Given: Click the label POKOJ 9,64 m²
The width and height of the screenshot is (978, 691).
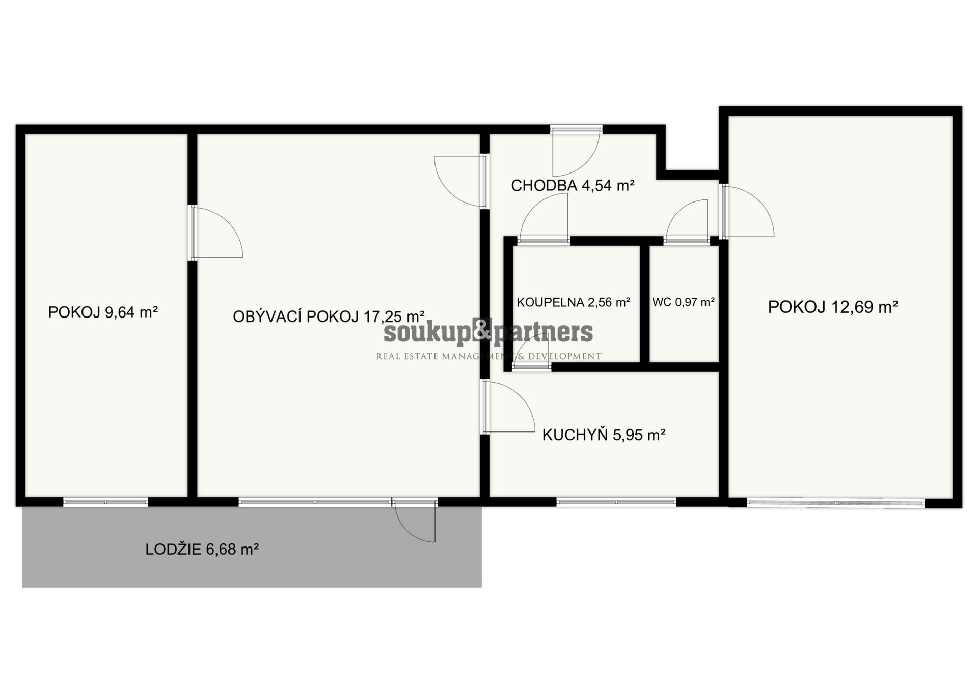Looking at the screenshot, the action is pyautogui.click(x=103, y=312).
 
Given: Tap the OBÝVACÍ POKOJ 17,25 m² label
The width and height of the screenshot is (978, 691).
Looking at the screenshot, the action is pyautogui.click(x=329, y=316).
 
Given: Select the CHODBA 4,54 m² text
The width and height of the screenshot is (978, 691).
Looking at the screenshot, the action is pyautogui.click(x=573, y=185).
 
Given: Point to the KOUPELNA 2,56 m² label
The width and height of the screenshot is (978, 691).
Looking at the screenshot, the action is pyautogui.click(x=574, y=302).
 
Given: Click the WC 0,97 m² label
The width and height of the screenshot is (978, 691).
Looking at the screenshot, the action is pyautogui.click(x=684, y=302).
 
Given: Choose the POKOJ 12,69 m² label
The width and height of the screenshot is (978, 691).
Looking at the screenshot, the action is pyautogui.click(x=833, y=307).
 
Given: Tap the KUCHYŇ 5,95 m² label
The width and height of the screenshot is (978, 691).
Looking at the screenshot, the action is pyautogui.click(x=604, y=435).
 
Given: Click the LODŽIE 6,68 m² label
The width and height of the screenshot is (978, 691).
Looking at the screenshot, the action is pyautogui.click(x=202, y=549).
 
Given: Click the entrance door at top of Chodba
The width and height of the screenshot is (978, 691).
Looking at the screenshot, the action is pyautogui.click(x=576, y=151).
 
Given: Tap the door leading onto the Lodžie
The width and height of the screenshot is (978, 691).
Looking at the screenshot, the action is pyautogui.click(x=415, y=521).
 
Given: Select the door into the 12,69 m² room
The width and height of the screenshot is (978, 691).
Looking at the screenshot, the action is pyautogui.click(x=747, y=211).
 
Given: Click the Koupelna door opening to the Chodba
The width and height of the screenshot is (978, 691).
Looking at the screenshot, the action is pyautogui.click(x=544, y=219).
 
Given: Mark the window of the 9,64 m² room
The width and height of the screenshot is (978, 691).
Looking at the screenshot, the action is pyautogui.click(x=105, y=502).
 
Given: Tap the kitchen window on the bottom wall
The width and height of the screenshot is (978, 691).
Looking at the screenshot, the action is pyautogui.click(x=616, y=502).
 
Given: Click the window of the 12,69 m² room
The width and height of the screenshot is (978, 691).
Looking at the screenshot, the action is pyautogui.click(x=836, y=503).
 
